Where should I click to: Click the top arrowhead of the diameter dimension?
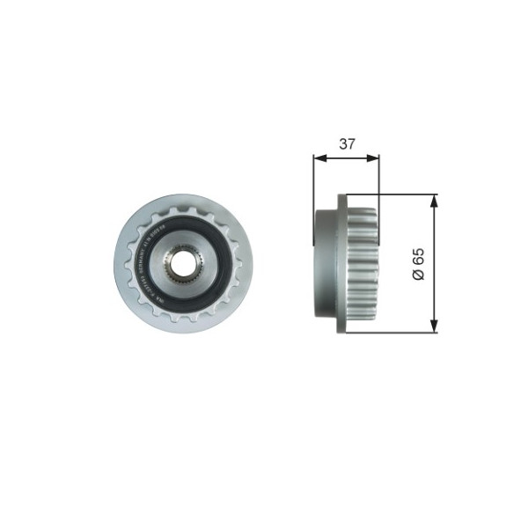(434, 200)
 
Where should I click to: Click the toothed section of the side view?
(361, 264)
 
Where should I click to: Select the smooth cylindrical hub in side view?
(324, 264)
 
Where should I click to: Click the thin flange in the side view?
(338, 264)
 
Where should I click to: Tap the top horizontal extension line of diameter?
(396, 194)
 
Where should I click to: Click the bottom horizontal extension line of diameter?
(396, 334)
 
